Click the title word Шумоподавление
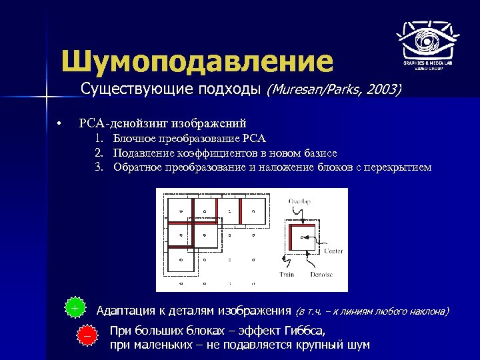197,61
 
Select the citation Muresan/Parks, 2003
334,89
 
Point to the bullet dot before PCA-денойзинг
59,123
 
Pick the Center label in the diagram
333,251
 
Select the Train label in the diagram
286,274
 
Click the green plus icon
75,308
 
